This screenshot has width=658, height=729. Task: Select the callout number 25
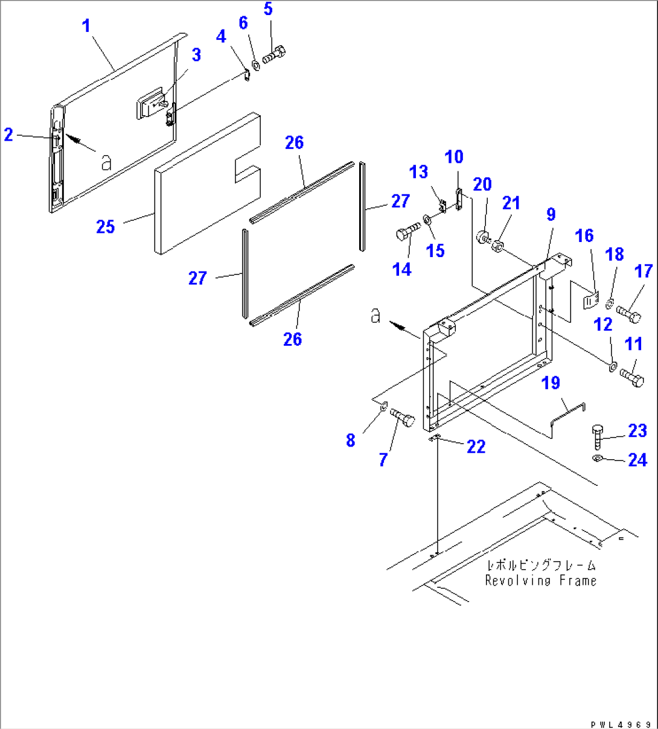pos(105,227)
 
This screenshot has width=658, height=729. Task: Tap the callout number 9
pos(551,214)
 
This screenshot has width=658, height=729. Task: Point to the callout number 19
pos(551,383)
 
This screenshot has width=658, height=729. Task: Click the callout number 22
pos(476,447)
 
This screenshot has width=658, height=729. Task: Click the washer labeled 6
pos(255,63)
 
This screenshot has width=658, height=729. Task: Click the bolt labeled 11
pos(631,378)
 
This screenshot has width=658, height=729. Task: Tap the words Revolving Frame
pos(541,581)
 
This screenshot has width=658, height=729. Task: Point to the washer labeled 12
pos(612,365)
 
